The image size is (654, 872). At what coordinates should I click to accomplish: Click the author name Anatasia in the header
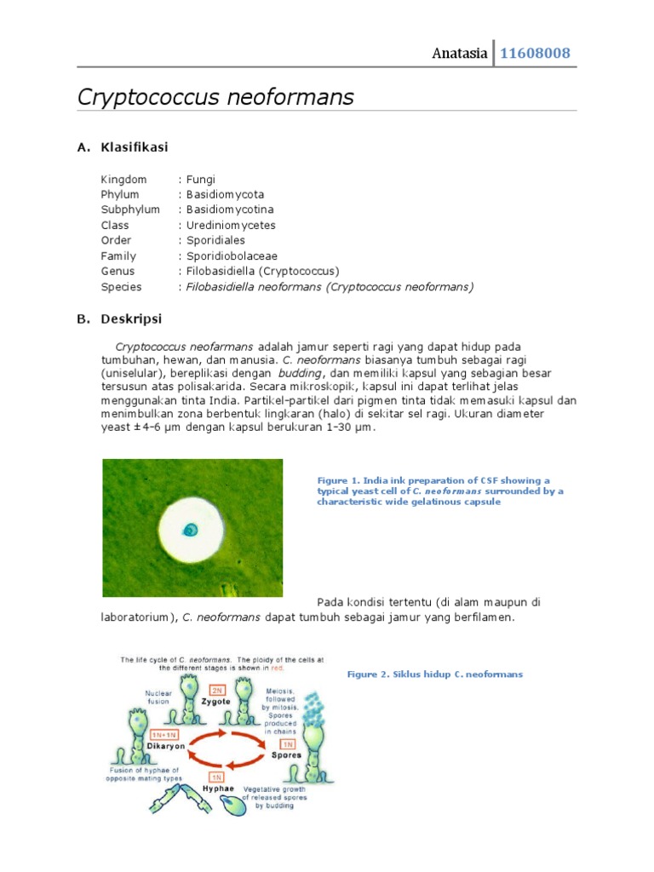pyautogui.click(x=460, y=54)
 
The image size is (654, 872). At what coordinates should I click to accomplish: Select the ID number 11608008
pyautogui.click(x=535, y=54)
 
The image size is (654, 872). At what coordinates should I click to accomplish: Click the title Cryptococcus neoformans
pyautogui.click(x=215, y=97)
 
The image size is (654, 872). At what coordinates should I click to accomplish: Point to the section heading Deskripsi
pyautogui.click(x=130, y=319)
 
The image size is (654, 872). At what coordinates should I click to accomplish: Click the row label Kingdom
pyautogui.click(x=123, y=180)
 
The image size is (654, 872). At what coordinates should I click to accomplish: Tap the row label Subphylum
pyautogui.click(x=129, y=210)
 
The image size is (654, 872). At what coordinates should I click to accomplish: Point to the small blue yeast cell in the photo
pyautogui.click(x=191, y=530)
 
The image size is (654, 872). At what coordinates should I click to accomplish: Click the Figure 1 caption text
pyautogui.click(x=439, y=491)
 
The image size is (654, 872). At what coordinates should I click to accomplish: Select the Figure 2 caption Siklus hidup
pyautogui.click(x=434, y=674)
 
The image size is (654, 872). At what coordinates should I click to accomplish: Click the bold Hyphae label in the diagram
pyautogui.click(x=217, y=789)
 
